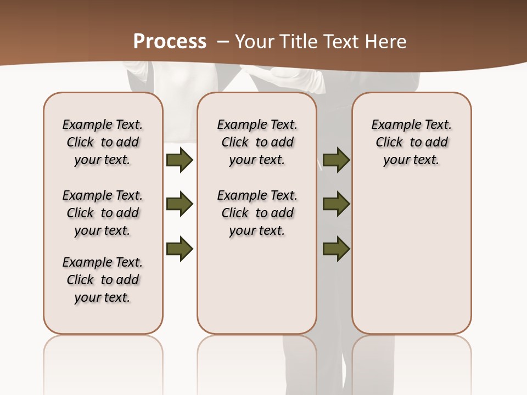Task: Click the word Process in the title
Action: pyautogui.click(x=170, y=42)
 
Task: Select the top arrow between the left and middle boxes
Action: pyautogui.click(x=180, y=160)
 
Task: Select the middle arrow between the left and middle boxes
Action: pyautogui.click(x=180, y=204)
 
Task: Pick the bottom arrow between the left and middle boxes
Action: pyautogui.click(x=180, y=249)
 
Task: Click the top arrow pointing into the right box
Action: pyautogui.click(x=337, y=160)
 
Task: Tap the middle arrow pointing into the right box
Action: pyautogui.click(x=337, y=204)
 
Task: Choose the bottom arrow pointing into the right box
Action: pyautogui.click(x=337, y=249)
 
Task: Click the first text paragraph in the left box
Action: pyautogui.click(x=103, y=142)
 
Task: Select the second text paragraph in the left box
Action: pyautogui.click(x=103, y=213)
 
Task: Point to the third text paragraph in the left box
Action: pyautogui.click(x=103, y=280)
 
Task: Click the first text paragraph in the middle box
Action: pyautogui.click(x=257, y=142)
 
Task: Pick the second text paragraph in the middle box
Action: pyautogui.click(x=257, y=213)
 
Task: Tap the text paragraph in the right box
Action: pyautogui.click(x=411, y=142)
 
